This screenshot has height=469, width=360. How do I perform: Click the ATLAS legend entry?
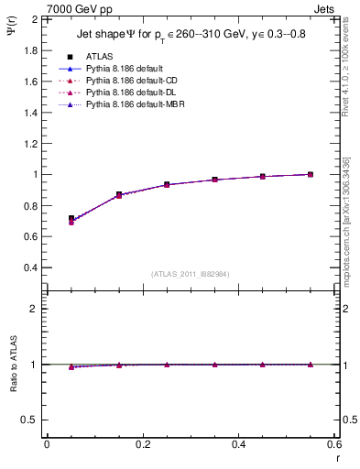(100, 56)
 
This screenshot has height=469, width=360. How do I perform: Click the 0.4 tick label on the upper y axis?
(31, 267)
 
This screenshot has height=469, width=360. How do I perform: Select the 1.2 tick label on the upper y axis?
(31, 143)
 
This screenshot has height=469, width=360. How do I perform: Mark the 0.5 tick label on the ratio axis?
(31, 420)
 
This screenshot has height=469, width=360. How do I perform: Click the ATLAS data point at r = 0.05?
(71, 219)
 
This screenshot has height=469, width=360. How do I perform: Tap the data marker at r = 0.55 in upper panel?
(311, 174)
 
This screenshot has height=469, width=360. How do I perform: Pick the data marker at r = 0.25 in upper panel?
(167, 184)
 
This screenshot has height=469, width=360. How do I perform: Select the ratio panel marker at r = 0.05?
(71, 366)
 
